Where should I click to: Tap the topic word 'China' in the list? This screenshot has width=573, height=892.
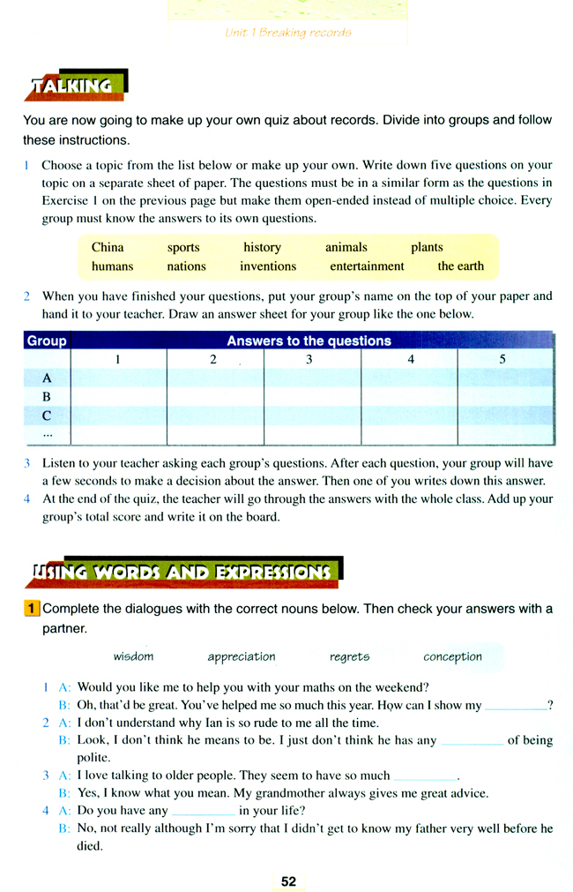(108, 247)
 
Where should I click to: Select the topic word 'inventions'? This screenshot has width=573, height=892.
(268, 266)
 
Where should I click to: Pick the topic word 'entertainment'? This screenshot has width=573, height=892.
(367, 266)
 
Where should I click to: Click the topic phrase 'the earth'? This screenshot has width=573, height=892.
(460, 266)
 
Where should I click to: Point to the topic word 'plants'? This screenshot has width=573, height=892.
(427, 247)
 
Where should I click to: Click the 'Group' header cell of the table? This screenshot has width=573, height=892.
(47, 341)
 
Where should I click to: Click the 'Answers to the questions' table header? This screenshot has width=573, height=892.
(309, 341)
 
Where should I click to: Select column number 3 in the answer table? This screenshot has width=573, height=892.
(309, 359)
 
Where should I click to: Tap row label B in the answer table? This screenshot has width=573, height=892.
(47, 397)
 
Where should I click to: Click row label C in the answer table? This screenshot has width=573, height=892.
(47, 416)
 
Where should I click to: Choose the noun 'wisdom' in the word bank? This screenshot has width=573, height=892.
(133, 656)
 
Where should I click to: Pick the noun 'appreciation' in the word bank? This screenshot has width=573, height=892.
(242, 656)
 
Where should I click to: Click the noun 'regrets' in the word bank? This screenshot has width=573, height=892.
(349, 656)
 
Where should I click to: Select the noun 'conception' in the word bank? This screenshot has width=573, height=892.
(452, 656)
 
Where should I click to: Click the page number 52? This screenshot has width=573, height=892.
(288, 881)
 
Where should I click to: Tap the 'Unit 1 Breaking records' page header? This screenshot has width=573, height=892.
(288, 33)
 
